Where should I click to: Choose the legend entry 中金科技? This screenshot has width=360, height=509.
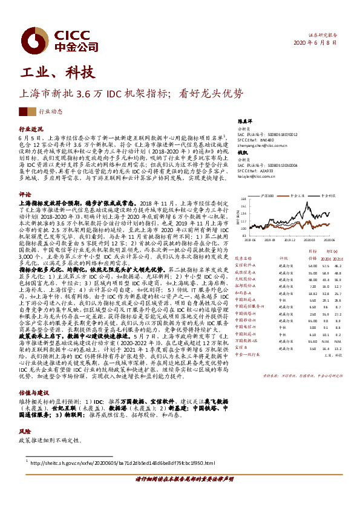pyautogui.click(x=329, y=196)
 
